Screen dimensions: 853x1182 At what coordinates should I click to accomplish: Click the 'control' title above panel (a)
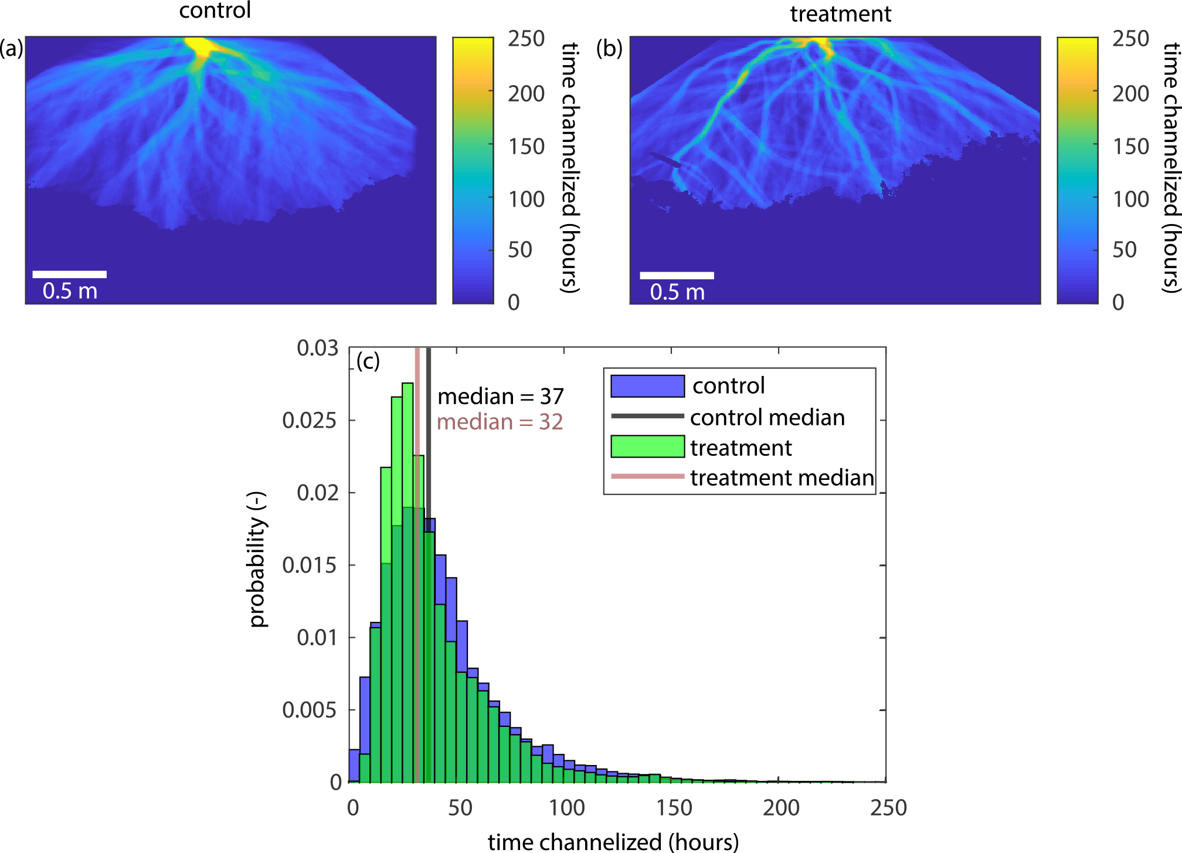point(215,11)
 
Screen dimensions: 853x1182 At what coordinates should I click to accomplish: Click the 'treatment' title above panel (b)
point(840,13)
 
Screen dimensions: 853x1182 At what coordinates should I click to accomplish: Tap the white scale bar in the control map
point(69,274)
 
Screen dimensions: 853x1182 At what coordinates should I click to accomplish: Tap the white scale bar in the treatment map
point(677,275)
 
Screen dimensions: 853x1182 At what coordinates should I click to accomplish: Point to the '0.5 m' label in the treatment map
point(677,292)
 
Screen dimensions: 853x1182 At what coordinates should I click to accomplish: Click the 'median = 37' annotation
point(500,397)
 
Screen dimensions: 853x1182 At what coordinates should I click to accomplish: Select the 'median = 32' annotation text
point(500,422)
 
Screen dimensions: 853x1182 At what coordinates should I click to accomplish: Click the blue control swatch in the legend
point(647,386)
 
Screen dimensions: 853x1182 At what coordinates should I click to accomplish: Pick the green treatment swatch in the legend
point(647,446)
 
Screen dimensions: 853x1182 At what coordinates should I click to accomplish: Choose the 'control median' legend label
point(767,417)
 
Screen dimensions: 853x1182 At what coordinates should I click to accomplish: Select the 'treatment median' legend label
point(782,478)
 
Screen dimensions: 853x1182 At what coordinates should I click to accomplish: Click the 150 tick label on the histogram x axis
point(674,808)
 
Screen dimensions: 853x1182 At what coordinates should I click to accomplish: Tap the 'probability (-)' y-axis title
point(257,559)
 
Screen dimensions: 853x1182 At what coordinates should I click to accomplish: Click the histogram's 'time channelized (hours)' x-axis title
point(613,842)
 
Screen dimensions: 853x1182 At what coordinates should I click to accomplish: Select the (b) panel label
point(609,48)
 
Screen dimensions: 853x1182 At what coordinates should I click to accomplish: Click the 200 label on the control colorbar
point(526,93)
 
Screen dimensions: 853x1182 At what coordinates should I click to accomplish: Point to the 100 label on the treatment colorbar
point(1130,199)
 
